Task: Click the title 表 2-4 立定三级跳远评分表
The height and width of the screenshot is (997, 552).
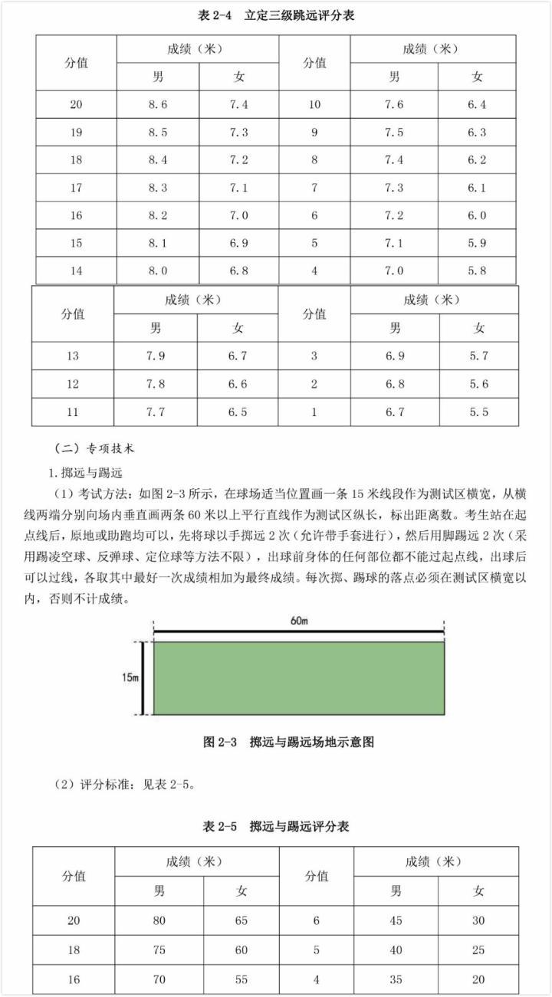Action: point(276,15)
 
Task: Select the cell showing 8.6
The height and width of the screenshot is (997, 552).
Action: point(157,105)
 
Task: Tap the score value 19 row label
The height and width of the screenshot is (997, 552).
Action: point(76,133)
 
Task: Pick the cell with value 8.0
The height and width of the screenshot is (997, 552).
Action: point(157,271)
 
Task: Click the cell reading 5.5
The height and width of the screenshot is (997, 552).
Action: point(478,412)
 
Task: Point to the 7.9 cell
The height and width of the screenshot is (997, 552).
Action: point(156,356)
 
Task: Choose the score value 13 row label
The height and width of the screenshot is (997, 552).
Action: point(73,356)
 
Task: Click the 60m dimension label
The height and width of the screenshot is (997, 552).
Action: point(299,621)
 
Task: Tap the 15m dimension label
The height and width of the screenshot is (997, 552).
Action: point(130,678)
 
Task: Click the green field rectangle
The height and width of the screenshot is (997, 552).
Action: point(299,678)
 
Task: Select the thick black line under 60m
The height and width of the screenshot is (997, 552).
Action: point(299,634)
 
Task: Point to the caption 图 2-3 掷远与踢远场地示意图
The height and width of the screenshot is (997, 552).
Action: point(288,742)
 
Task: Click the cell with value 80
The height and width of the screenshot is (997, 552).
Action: point(159,920)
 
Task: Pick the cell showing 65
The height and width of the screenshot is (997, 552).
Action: point(242,920)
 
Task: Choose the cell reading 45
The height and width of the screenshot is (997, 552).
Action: point(396,920)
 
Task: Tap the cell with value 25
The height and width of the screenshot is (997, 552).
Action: point(478,949)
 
